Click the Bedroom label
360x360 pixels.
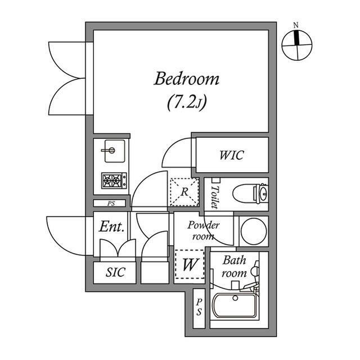(x=186, y=79)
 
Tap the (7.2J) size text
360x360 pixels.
(x=186, y=102)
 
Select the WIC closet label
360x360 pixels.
(x=231, y=155)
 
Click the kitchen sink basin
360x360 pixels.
(x=115, y=151)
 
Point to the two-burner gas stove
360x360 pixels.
(x=114, y=181)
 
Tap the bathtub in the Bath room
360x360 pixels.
(x=235, y=305)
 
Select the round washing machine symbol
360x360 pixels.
(x=254, y=231)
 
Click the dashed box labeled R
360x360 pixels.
(x=184, y=192)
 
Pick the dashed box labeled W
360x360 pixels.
(x=190, y=264)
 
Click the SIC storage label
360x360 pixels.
(x=115, y=272)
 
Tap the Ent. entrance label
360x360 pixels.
(x=112, y=226)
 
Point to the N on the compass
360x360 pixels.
(x=296, y=25)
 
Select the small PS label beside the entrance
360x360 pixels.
(x=111, y=204)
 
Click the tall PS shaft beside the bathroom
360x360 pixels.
(x=199, y=308)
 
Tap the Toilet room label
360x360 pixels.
(x=215, y=197)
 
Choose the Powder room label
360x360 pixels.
(x=203, y=230)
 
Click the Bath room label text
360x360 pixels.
(x=234, y=267)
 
